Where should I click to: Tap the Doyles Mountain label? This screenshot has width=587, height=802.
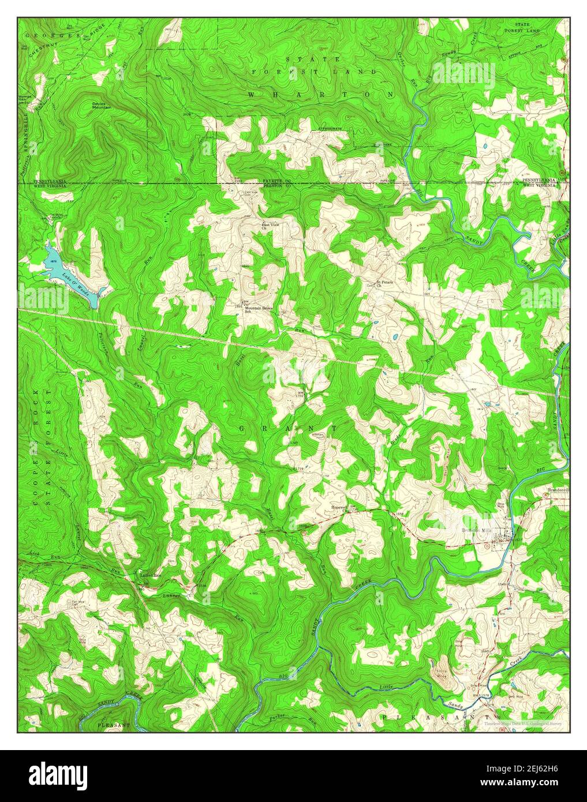click(102, 106)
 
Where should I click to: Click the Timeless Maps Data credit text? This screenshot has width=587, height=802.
click(523, 723)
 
